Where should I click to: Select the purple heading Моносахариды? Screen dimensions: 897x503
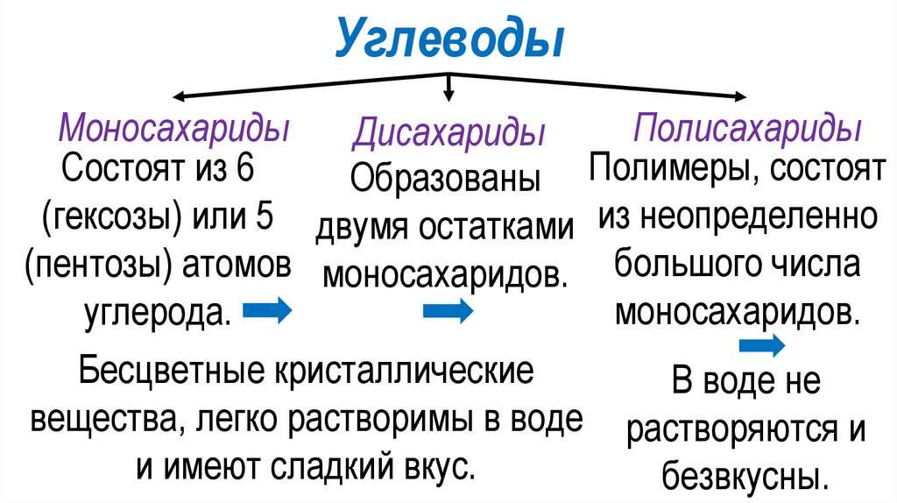click(x=173, y=129)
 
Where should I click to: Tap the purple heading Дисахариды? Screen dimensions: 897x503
click(x=449, y=135)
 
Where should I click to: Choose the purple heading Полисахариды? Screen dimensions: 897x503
click(x=746, y=129)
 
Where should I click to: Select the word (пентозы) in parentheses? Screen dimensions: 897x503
click(x=98, y=264)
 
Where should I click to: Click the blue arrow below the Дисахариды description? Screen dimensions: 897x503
click(x=448, y=311)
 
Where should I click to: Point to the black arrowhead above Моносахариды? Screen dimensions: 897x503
click(x=178, y=95)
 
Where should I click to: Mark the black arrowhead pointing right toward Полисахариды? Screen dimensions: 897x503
click(x=740, y=96)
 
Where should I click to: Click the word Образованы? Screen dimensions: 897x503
click(x=445, y=180)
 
